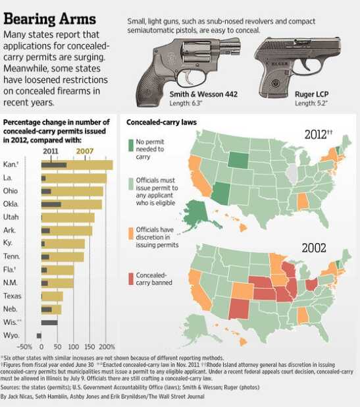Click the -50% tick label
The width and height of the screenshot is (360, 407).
pyautogui.click(x=24, y=347)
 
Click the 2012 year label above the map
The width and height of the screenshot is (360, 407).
pyautogui.click(x=316, y=135)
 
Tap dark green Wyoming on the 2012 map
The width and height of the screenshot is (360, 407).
pyautogui.click(x=238, y=160)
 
